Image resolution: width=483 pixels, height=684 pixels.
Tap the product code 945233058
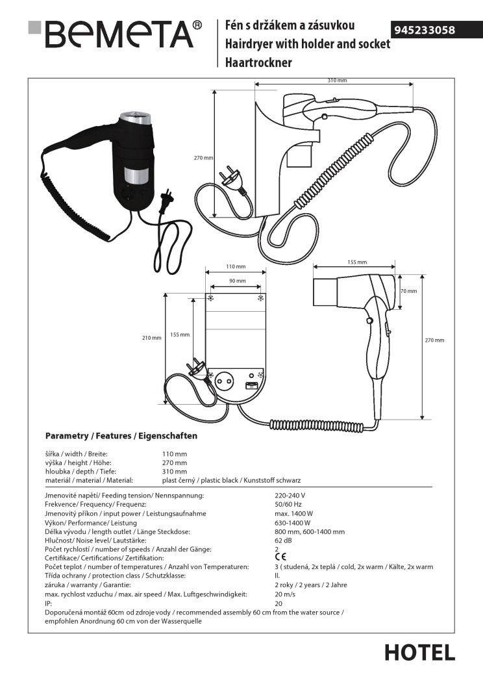(425, 30)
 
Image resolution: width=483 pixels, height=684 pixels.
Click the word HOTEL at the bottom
(419, 652)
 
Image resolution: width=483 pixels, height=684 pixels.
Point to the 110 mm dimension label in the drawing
(236, 267)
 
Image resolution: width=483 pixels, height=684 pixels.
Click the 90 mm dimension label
(237, 281)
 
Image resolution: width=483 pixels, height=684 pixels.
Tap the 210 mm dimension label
(151, 338)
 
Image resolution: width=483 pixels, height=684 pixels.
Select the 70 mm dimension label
(408, 291)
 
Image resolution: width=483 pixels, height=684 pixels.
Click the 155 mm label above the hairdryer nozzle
(357, 262)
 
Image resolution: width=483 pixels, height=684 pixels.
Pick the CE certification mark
(280, 557)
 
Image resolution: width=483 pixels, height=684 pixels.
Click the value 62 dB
(284, 540)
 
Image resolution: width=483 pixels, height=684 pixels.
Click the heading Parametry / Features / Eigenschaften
(121, 436)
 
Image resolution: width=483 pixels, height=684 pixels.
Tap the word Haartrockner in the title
(258, 63)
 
